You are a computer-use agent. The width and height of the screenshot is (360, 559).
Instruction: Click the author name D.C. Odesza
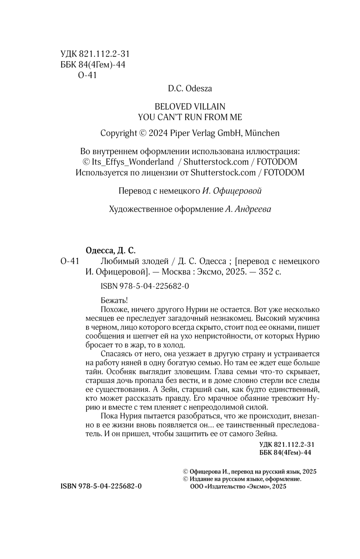pyautogui.click(x=190, y=89)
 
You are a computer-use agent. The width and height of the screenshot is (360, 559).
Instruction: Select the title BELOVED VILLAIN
pyautogui.click(x=190, y=107)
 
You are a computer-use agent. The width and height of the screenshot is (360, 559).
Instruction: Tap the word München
pyautogui.click(x=262, y=133)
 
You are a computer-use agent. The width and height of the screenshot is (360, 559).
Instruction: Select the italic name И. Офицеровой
pyautogui.click(x=232, y=191)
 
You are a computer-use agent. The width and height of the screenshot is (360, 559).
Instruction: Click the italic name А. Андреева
pyautogui.click(x=248, y=209)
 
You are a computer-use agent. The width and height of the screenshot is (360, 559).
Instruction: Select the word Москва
pyautogui.click(x=174, y=272)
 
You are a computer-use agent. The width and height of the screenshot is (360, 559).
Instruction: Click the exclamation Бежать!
pyautogui.click(x=114, y=301)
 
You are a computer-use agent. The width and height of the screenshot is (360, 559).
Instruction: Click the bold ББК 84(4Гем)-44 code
pyautogui.click(x=285, y=453)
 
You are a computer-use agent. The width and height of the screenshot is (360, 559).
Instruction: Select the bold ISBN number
pyautogui.click(x=101, y=486)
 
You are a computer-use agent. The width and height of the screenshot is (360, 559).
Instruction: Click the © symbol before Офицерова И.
pyautogui.click(x=185, y=472)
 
